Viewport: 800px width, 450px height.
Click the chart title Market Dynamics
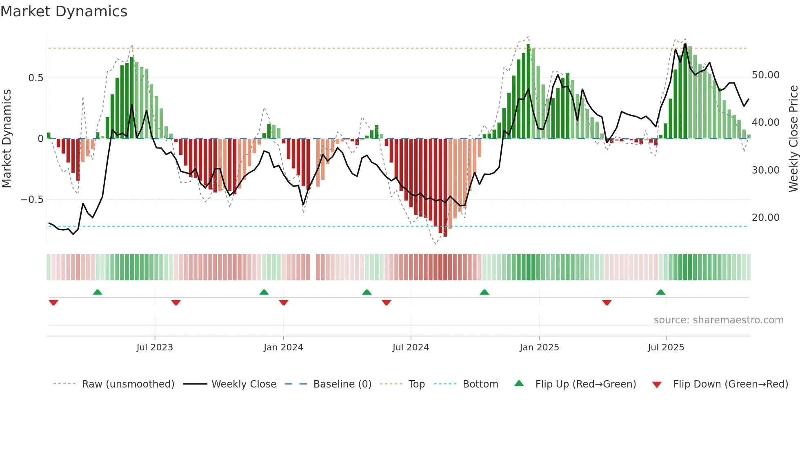pyautogui.click(x=64, y=11)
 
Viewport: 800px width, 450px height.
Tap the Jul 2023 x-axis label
pyautogui.click(x=155, y=348)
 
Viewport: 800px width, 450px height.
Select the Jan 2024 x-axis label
pyautogui.click(x=283, y=348)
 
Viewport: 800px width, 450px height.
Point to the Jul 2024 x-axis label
pyautogui.click(x=411, y=348)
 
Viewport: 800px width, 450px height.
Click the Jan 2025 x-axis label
pyautogui.click(x=539, y=348)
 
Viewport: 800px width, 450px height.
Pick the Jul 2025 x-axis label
pyautogui.click(x=666, y=348)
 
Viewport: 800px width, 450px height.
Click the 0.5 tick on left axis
pyautogui.click(x=36, y=78)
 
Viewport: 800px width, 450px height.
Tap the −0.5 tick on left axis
pyautogui.click(x=32, y=200)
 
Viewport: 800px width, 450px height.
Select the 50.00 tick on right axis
pyautogui.click(x=766, y=75)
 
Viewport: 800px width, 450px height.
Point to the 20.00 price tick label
pyautogui.click(x=766, y=218)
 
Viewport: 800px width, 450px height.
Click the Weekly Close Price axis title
pyautogui.click(x=793, y=139)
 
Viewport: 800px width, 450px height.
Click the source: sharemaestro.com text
pyautogui.click(x=718, y=320)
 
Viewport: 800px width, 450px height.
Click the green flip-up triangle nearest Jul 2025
pyautogui.click(x=660, y=292)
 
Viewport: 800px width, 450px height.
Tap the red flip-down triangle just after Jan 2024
pyautogui.click(x=284, y=303)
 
